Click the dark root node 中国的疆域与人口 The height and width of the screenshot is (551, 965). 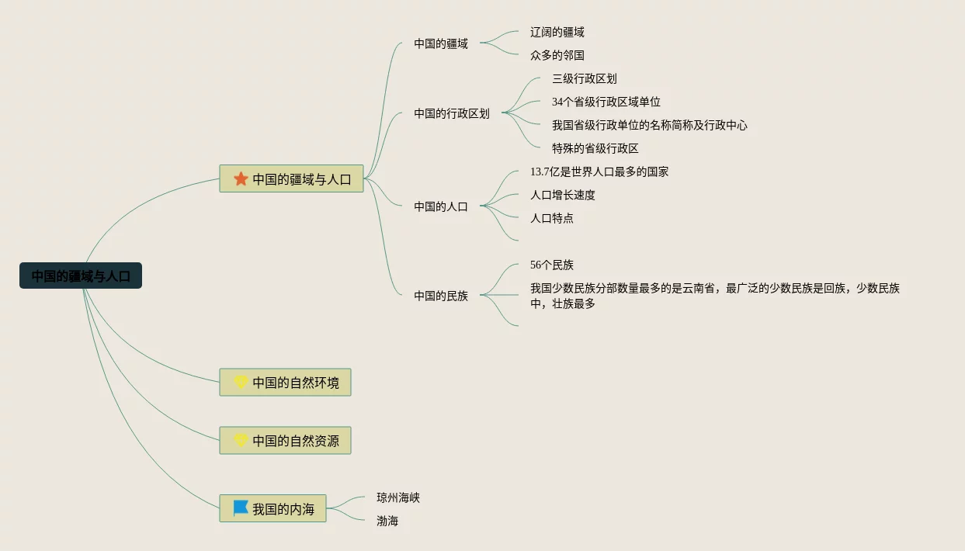pyautogui.click(x=81, y=275)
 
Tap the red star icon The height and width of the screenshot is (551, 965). pyautogui.click(x=241, y=179)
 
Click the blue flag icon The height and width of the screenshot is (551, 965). pyautogui.click(x=241, y=508)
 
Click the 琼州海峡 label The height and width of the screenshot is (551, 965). pyautogui.click(x=398, y=497)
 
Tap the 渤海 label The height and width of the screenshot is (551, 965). pyautogui.click(x=387, y=521)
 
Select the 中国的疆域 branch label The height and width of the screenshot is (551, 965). pyautogui.click(x=441, y=43)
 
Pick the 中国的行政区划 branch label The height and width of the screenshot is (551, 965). pyautogui.click(x=452, y=113)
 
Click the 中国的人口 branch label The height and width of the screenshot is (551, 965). pyautogui.click(x=441, y=206)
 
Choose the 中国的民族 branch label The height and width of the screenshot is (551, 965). pyautogui.click(x=441, y=296)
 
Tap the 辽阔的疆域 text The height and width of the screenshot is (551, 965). pyautogui.click(x=557, y=32)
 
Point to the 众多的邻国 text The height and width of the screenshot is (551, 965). pyautogui.click(x=557, y=55)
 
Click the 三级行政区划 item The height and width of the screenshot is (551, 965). pyautogui.click(x=585, y=78)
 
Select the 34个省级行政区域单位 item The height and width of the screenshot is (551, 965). pyautogui.click(x=606, y=102)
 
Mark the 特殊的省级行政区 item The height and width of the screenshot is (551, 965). pyautogui.click(x=595, y=148)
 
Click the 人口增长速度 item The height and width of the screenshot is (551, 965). pyautogui.click(x=563, y=195)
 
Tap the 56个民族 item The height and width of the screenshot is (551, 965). pyautogui.click(x=552, y=265)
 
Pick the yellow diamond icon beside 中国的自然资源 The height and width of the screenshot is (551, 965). pyautogui.click(x=241, y=440)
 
